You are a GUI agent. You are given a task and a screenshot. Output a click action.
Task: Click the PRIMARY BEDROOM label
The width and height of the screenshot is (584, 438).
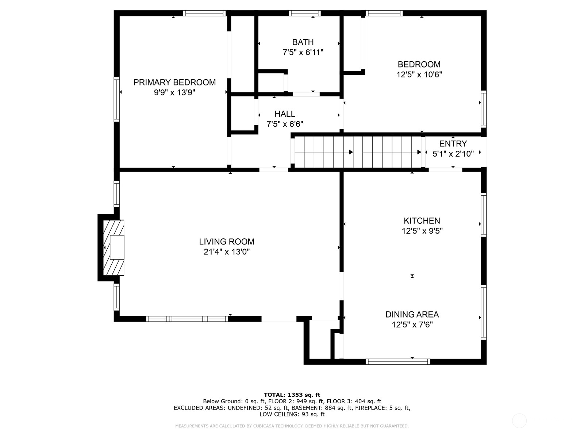[x=174, y=82]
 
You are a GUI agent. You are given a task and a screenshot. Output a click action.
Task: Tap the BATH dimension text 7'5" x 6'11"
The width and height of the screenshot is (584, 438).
[x=303, y=53]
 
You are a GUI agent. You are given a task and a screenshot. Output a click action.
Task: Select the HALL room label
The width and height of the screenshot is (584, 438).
[x=285, y=114]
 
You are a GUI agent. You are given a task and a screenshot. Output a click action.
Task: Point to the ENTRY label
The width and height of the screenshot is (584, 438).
[x=453, y=144]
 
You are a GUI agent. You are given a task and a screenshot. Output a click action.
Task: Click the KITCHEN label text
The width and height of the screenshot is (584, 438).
[x=422, y=221]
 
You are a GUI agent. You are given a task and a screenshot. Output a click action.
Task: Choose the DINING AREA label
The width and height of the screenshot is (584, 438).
[x=412, y=315]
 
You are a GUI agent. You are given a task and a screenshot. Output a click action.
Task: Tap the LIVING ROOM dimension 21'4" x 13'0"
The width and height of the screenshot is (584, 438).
[x=227, y=251]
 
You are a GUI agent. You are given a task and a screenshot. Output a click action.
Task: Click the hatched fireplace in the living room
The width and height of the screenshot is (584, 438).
[x=114, y=247]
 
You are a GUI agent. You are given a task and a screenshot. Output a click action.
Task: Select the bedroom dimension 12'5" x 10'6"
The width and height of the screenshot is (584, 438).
[x=419, y=74]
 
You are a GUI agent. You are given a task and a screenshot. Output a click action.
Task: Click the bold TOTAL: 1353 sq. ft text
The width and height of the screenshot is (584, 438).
[x=292, y=395]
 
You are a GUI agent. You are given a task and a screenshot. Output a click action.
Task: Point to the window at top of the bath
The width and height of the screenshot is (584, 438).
[x=305, y=13]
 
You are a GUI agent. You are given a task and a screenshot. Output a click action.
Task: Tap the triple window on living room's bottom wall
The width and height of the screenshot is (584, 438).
[x=187, y=319]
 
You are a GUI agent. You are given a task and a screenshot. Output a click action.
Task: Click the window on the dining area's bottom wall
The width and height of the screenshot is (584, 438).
[x=398, y=361]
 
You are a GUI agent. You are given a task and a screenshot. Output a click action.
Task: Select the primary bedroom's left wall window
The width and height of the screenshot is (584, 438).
[x=116, y=99]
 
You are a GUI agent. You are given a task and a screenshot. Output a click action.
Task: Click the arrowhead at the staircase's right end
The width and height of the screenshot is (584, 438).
[x=419, y=152]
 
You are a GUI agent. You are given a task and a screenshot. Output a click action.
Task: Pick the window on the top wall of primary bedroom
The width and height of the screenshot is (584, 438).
[x=204, y=13]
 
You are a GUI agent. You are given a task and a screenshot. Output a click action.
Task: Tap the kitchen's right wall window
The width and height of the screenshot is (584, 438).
[x=484, y=215]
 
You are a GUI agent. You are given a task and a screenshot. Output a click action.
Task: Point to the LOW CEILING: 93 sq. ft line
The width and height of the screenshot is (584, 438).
[x=292, y=414]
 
